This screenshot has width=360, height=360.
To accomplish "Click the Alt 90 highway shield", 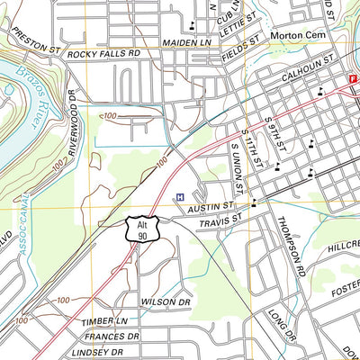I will point(142,229).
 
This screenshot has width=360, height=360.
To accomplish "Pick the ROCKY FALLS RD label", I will point(104,54).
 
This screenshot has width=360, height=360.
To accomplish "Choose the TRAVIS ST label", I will point(221,219).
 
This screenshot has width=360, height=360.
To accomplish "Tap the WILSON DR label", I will point(166,301).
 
